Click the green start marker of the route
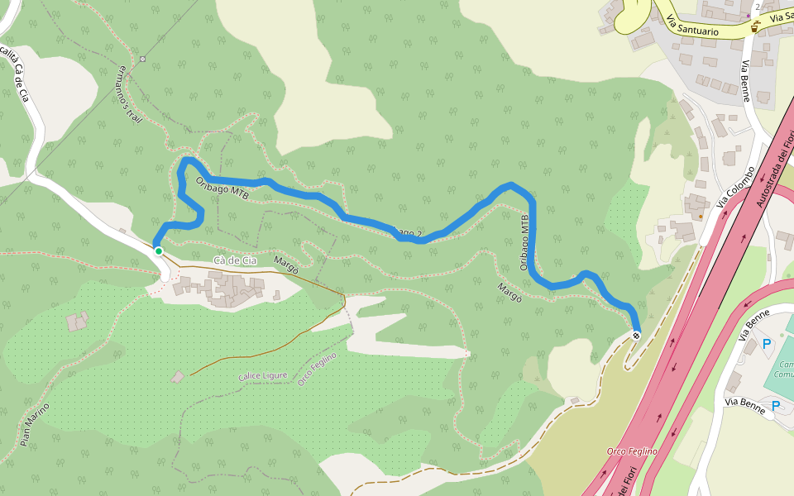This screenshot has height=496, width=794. pyautogui.click(x=158, y=250)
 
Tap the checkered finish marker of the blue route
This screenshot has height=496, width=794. pyautogui.click(x=636, y=335)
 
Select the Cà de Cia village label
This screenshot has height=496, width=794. pyautogui.click(x=232, y=261)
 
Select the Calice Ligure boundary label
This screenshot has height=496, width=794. pyautogui.click(x=263, y=376)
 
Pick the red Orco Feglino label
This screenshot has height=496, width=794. pyautogui.click(x=632, y=451)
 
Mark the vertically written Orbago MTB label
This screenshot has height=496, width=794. pyautogui.click(x=524, y=243)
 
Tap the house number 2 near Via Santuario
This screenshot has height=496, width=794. pyautogui.click(x=757, y=7)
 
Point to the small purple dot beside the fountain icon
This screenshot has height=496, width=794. pyautogui.click(x=748, y=15)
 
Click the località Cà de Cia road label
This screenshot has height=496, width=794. pyautogui.click(x=16, y=74)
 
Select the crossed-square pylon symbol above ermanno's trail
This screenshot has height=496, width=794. pyautogui.click(x=142, y=59)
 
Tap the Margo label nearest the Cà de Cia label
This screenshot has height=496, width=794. pyautogui.click(x=285, y=266)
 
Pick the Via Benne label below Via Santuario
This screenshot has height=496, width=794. pyautogui.click(x=746, y=80)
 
